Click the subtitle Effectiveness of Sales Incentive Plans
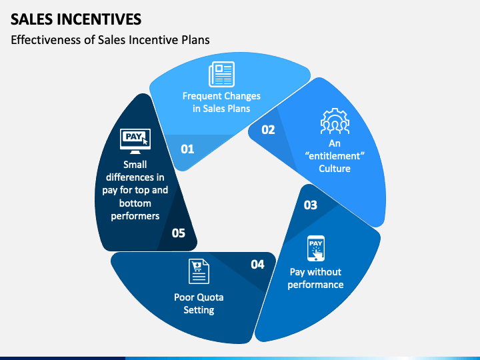110,40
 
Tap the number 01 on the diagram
187,149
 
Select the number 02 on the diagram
268,130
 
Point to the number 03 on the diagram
311,205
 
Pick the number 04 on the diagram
257,265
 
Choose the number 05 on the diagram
178,233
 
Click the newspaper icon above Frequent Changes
221,74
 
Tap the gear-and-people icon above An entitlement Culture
334,122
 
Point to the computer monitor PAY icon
135,141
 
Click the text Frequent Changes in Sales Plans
221,102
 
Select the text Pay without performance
316,278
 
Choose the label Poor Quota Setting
199,303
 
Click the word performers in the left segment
135,216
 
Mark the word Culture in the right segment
335,169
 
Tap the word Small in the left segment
135,164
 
